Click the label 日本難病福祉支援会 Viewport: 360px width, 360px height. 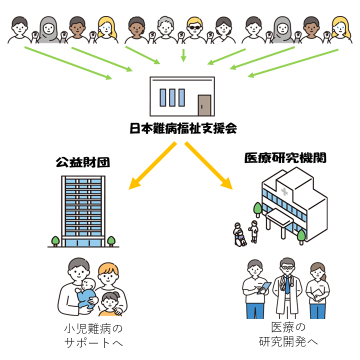[x=182, y=129]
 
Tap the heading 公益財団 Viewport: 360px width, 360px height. [x=83, y=162]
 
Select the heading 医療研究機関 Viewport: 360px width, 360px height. [x=285, y=158]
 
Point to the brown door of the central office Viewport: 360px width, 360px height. [x=204, y=105]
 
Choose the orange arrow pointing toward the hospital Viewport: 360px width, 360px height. [x=209, y=166]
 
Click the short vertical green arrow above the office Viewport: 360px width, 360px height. [x=183, y=54]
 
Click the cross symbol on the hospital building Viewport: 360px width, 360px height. [x=284, y=192]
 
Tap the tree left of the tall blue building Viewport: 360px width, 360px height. [x=55, y=240]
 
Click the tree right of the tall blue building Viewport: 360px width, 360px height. [x=110, y=240]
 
